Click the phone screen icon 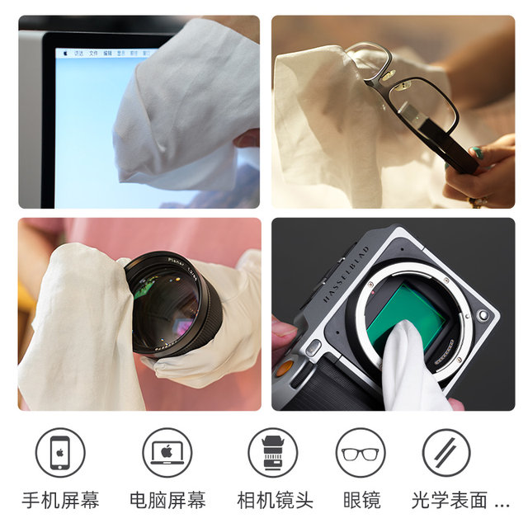point(60,452)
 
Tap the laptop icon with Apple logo point(167,452)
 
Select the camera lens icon point(272,452)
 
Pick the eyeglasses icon point(361,453)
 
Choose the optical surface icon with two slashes point(447,452)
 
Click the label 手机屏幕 point(60,500)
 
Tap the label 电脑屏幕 point(167,500)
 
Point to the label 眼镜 point(361,500)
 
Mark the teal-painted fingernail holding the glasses point(479,153)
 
